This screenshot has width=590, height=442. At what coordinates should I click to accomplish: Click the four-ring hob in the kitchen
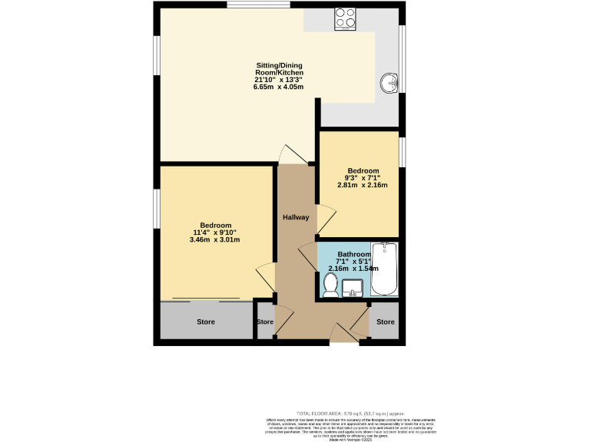[345, 18]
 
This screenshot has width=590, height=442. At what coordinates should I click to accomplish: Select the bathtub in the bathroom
[383, 269]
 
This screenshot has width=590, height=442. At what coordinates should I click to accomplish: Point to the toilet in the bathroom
[330, 285]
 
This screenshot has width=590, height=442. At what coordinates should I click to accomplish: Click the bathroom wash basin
[354, 288]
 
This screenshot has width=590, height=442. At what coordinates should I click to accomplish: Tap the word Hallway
[295, 217]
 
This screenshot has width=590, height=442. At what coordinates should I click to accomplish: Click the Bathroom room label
[353, 254]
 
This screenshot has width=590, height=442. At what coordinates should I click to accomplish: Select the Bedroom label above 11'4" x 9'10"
[216, 225]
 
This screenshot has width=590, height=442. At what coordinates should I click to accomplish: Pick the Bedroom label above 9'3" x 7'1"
[363, 170]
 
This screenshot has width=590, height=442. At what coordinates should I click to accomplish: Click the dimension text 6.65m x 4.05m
[278, 87]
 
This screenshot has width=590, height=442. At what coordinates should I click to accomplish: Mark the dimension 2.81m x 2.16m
[363, 185]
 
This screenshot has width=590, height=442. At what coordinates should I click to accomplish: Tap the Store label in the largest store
[206, 322]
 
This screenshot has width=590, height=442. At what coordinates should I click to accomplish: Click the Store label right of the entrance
[385, 322]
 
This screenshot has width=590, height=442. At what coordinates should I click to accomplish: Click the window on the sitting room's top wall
[258, 5]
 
